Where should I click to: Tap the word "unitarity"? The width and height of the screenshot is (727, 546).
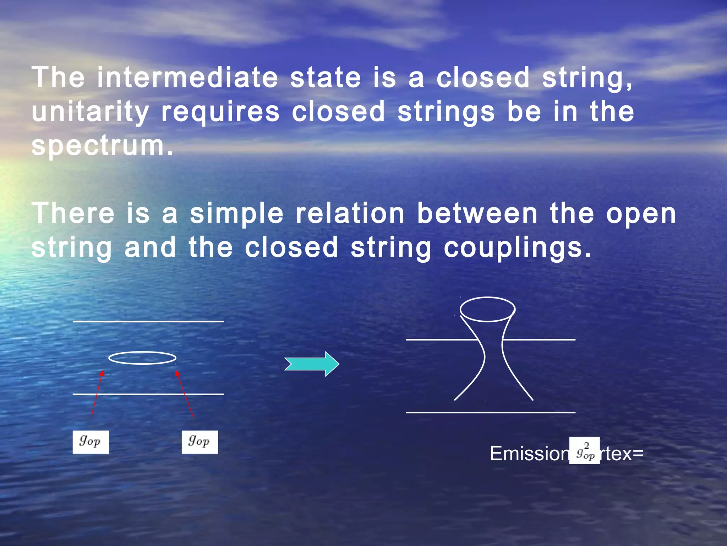point(90,112)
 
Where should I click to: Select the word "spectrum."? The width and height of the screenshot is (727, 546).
point(103,146)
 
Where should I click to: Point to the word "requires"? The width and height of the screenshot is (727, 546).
point(220,112)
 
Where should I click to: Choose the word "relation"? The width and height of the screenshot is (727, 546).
point(350,214)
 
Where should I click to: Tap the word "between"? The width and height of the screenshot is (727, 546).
point(477,214)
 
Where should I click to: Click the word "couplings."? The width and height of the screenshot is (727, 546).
point(518,248)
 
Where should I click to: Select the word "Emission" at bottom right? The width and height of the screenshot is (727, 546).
point(529,454)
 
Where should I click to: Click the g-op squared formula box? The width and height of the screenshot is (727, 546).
point(585,451)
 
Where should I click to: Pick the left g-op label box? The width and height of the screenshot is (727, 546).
point(91,442)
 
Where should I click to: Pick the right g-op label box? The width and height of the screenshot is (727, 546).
point(199,442)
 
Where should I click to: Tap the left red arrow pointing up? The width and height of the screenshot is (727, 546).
point(97,395)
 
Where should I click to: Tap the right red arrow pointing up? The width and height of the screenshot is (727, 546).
point(185,395)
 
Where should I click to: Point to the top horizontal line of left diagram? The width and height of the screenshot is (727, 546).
point(148,321)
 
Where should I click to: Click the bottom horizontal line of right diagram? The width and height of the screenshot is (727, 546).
point(490,412)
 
